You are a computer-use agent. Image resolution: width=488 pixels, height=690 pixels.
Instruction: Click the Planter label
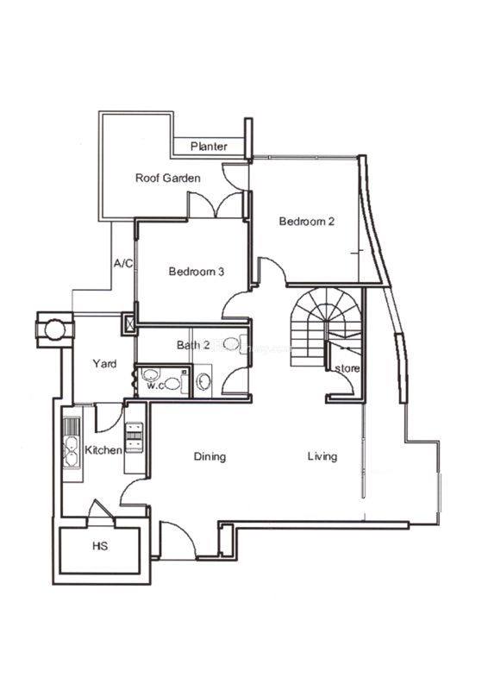click(209, 146)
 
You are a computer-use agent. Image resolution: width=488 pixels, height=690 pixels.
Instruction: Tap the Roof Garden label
click(167, 178)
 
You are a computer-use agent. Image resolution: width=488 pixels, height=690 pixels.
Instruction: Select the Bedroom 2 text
click(307, 221)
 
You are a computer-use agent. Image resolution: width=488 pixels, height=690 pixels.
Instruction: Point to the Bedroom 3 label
click(197, 271)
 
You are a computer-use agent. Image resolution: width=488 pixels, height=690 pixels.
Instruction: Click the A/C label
click(123, 263)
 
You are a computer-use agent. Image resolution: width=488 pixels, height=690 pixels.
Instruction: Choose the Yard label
click(104, 363)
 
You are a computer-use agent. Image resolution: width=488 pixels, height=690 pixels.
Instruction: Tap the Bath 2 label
click(193, 345)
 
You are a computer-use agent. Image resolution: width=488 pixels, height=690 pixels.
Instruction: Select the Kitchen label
click(103, 449)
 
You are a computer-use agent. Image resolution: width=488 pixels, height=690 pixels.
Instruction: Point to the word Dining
click(210, 456)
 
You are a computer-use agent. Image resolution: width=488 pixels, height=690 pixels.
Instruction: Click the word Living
click(322, 456)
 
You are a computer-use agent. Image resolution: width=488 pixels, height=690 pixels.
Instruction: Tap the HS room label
click(100, 546)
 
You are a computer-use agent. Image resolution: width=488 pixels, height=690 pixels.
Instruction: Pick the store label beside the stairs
click(347, 368)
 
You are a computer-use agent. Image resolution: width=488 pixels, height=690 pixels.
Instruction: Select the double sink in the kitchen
click(72, 451)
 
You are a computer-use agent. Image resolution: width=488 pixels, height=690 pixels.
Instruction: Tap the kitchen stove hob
click(135, 437)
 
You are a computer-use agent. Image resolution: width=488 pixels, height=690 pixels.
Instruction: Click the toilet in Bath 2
click(232, 342)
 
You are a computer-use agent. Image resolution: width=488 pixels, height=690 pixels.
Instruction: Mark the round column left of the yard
click(55, 330)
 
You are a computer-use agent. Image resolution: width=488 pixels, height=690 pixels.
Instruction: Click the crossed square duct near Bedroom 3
click(129, 323)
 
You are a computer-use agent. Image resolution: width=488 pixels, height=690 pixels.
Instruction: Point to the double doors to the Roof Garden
click(216, 204)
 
